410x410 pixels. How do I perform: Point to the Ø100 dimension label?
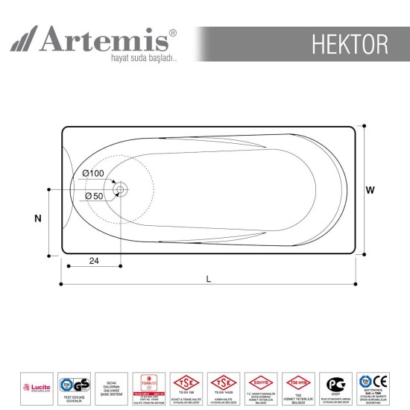[94, 173]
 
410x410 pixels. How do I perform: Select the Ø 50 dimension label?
[94, 195]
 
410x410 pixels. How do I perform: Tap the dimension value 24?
[94, 260]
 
